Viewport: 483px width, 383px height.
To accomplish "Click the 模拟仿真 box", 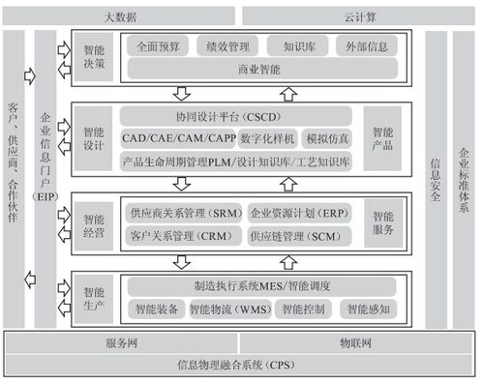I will [329, 139].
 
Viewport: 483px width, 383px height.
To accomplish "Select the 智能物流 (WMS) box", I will [225, 309].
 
